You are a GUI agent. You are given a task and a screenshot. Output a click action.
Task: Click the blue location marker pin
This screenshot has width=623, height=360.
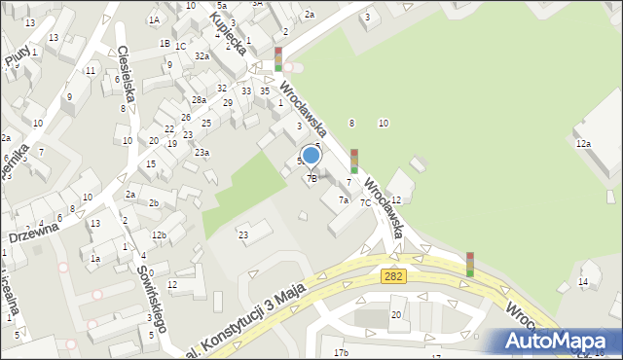click(311, 156)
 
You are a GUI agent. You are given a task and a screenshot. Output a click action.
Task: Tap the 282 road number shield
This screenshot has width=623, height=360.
click(392, 277)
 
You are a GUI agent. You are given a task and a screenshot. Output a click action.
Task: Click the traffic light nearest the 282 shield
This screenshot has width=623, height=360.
click(469, 264)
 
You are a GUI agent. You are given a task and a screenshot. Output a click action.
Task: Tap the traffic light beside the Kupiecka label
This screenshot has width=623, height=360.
click(278, 58)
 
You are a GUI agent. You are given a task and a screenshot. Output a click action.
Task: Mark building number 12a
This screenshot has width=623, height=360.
click(582, 144)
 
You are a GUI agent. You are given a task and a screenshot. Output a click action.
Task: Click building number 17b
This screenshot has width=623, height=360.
click(341, 352)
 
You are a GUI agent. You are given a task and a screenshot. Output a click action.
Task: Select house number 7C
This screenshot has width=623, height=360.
click(365, 202)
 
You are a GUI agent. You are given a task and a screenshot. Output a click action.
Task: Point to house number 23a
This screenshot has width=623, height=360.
click(201, 152)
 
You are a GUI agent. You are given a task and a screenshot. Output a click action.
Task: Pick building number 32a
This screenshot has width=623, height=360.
click(202, 56)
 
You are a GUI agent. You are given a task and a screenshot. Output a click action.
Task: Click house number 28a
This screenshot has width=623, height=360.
click(199, 100)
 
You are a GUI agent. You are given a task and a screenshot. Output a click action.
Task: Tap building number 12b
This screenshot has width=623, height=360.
click(159, 235)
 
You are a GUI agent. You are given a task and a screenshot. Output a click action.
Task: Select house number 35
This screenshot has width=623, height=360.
click(265, 90)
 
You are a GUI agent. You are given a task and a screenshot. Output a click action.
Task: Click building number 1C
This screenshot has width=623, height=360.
click(181, 45)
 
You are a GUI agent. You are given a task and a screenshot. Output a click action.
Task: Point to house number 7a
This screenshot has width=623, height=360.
click(343, 199)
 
